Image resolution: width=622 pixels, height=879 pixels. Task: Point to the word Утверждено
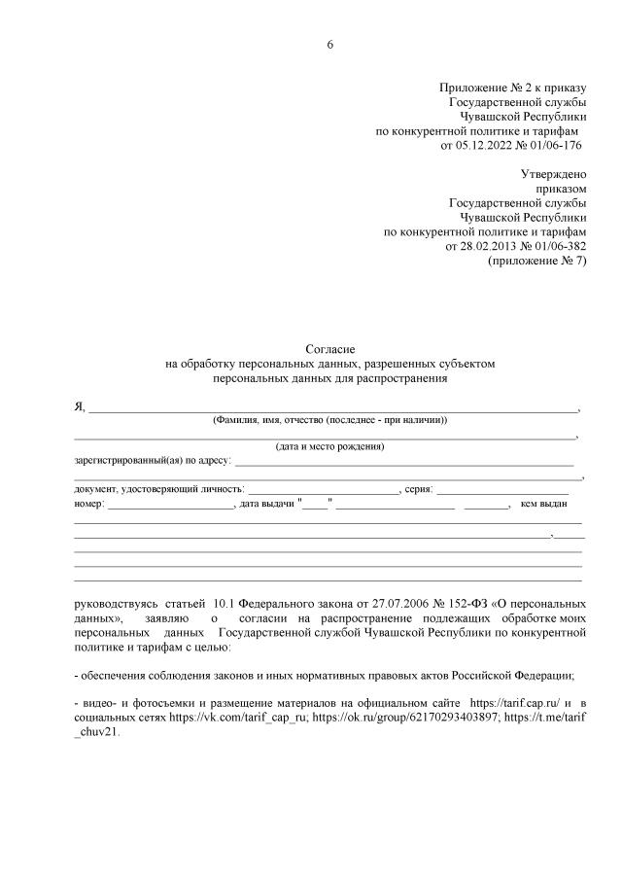click(554, 174)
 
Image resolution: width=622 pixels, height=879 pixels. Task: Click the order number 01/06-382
click(555, 247)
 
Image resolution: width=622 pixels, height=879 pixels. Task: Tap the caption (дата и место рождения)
click(329, 447)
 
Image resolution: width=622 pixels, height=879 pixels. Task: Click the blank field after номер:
click(171, 504)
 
